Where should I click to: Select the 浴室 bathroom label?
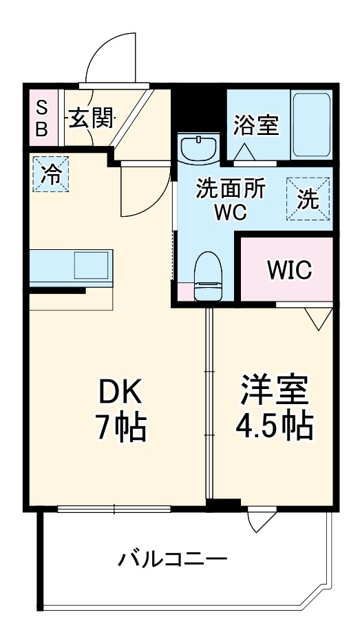256,125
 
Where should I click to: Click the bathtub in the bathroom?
311,124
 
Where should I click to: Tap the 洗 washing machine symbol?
308,199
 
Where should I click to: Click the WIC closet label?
289,270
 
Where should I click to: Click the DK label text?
120,392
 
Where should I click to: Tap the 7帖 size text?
120,428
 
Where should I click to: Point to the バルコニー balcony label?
171,557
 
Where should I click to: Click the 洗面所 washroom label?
230,189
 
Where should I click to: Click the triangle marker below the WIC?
318,317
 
